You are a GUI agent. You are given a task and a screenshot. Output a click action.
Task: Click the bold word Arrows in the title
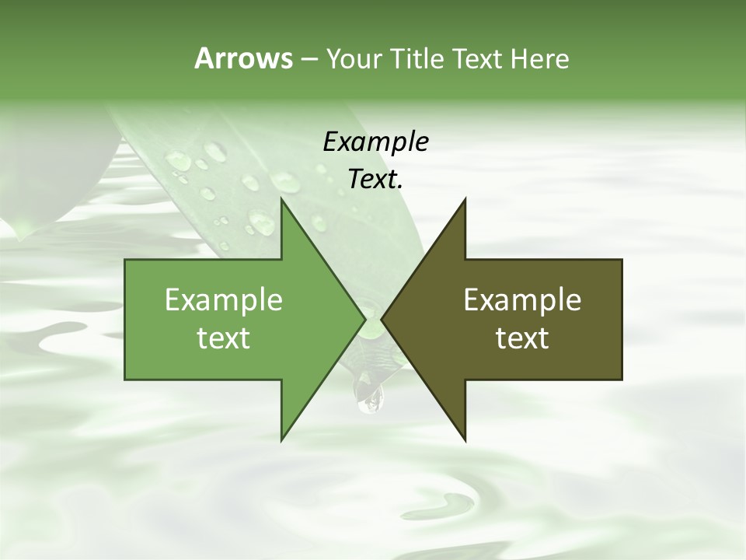(x=242, y=58)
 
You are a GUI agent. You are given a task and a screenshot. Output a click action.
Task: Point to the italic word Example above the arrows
(x=375, y=142)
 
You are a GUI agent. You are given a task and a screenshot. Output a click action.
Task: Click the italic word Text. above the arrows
(x=375, y=180)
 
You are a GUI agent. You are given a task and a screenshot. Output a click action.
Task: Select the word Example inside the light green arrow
(x=224, y=299)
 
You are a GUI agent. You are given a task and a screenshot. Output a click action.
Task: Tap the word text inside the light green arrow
(x=224, y=338)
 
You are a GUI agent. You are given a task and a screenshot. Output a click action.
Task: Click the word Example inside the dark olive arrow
(x=522, y=299)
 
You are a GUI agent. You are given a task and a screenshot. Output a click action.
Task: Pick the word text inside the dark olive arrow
(x=522, y=338)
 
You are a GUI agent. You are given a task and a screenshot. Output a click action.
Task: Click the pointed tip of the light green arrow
(x=364, y=320)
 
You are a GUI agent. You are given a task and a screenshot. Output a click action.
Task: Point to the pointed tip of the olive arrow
(x=382, y=320)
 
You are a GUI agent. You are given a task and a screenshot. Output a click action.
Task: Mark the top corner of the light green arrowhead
(x=281, y=199)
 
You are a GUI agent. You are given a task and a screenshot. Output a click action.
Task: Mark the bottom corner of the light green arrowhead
(x=281, y=440)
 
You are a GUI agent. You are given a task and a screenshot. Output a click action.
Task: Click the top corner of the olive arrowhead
(x=465, y=199)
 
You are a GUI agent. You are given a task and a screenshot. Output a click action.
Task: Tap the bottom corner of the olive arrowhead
(x=465, y=440)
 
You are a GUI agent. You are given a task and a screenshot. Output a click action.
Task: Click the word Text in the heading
(x=479, y=58)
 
